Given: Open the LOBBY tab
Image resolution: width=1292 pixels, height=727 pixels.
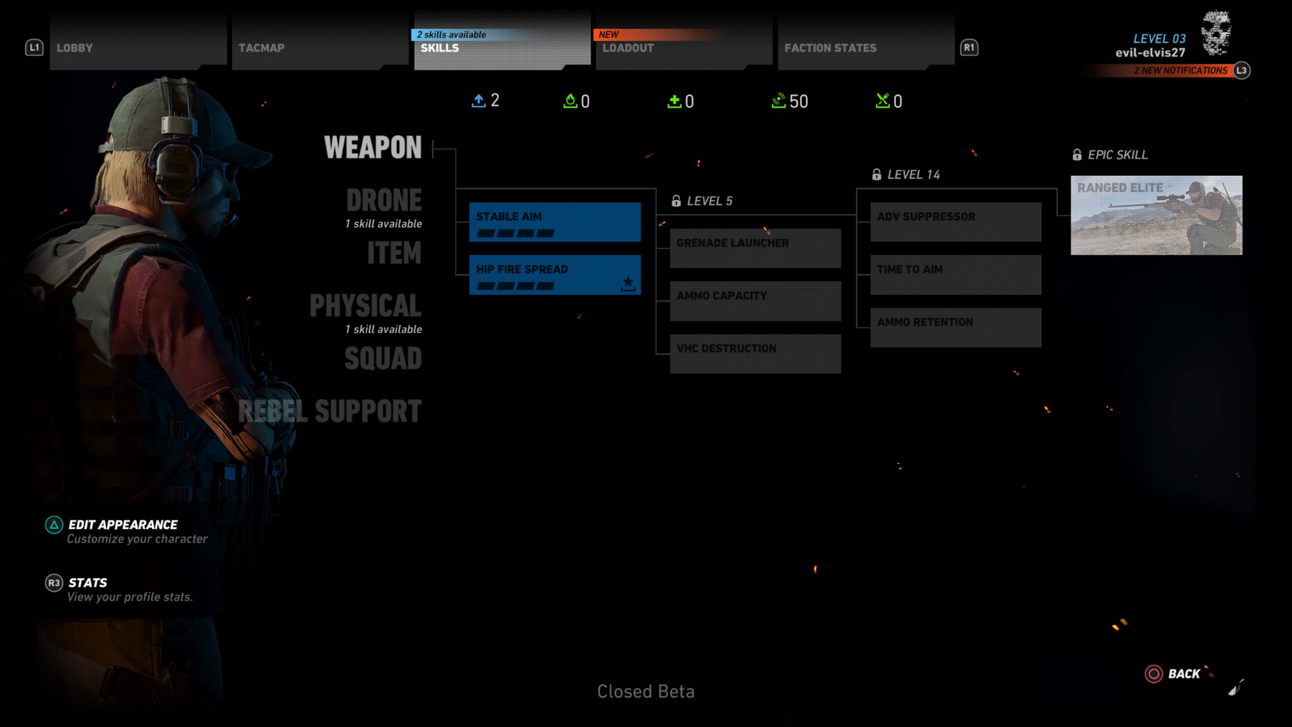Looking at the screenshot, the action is click(138, 43).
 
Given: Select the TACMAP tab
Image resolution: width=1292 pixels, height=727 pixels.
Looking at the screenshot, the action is click(320, 43).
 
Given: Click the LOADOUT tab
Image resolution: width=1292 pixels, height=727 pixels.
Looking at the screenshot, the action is click(684, 43).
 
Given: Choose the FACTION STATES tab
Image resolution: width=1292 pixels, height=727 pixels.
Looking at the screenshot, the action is click(866, 43).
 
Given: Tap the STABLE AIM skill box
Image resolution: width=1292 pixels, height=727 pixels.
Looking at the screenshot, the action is click(555, 222).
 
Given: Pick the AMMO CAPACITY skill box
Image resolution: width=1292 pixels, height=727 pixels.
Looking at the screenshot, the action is click(755, 301).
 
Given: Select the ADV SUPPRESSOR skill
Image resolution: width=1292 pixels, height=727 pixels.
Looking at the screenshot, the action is click(956, 222).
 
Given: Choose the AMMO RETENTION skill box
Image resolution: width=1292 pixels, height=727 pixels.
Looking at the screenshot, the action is click(956, 327).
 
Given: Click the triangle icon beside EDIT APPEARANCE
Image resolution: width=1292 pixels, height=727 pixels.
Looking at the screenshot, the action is click(54, 525).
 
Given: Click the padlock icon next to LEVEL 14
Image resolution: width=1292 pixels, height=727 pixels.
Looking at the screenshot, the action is click(876, 175).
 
